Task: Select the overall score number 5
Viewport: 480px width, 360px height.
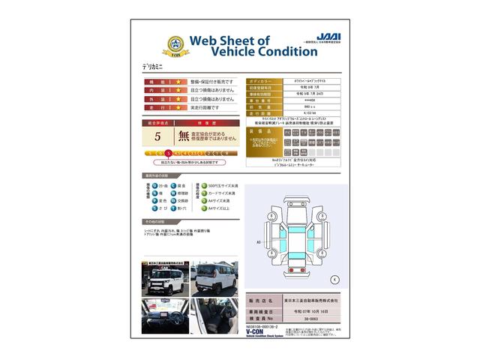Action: click(x=157, y=136)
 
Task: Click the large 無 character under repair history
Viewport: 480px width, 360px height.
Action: click(x=184, y=136)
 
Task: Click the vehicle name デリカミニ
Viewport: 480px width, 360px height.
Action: click(x=153, y=67)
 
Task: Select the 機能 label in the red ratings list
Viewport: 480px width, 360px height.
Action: click(x=151, y=81)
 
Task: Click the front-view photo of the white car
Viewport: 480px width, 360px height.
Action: click(x=164, y=279)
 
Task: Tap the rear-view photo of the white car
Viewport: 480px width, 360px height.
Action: click(x=214, y=279)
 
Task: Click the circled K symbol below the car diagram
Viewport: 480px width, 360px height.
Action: click(x=334, y=279)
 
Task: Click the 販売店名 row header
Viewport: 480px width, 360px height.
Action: click(x=258, y=298)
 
